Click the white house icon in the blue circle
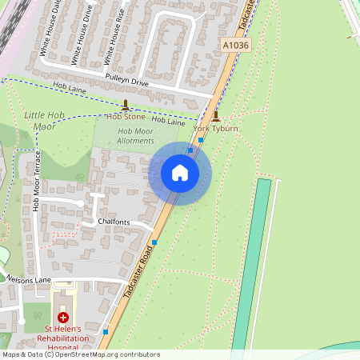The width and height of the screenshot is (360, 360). pos(179,173)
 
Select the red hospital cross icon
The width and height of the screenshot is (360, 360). pos(63,318)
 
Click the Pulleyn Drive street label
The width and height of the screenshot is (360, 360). pos(127,81)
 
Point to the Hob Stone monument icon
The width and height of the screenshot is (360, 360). pos(125,105)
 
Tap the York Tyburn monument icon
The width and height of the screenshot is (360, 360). pos(215,116)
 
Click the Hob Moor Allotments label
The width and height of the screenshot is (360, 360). pos(135,136)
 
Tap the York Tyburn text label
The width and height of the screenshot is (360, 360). pos(216,128)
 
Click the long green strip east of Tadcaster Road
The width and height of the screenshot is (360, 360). pos(251,264)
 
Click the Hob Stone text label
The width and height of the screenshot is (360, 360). pos(126,117)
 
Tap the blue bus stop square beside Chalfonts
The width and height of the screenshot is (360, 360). pos(154,242)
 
